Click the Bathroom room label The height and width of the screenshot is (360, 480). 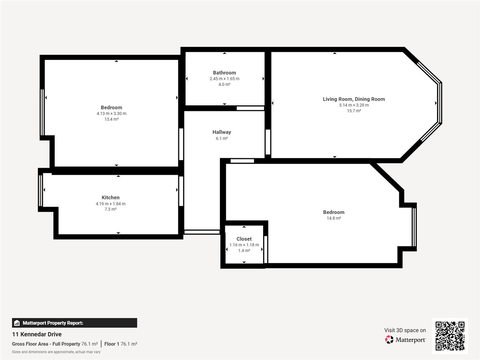pyautogui.click(x=224, y=72)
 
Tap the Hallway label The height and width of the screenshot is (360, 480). pyautogui.click(x=222, y=132)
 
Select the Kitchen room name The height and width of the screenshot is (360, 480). pyautogui.click(x=110, y=197)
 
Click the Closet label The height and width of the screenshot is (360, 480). pyautogui.click(x=244, y=239)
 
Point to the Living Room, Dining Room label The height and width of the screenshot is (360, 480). pyautogui.click(x=354, y=99)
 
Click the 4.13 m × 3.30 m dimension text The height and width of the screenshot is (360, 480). pyautogui.click(x=112, y=114)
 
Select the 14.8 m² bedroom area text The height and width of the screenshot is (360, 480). pyautogui.click(x=334, y=218)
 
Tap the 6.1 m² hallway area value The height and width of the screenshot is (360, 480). pyautogui.click(x=222, y=138)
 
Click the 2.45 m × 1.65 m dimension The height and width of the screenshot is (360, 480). pyautogui.click(x=224, y=79)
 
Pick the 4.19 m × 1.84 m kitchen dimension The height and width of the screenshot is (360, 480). pyautogui.click(x=110, y=204)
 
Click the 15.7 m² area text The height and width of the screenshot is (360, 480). pyautogui.click(x=354, y=111)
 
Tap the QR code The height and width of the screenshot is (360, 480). pyautogui.click(x=450, y=336)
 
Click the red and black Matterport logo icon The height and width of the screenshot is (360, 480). pyautogui.click(x=389, y=340)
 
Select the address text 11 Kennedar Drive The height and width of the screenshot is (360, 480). pyautogui.click(x=37, y=334)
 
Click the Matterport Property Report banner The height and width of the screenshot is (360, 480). pyautogui.click(x=74, y=323)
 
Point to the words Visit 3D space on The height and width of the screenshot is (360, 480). pyautogui.click(x=405, y=330)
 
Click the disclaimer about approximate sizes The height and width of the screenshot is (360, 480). pyautogui.click(x=56, y=352)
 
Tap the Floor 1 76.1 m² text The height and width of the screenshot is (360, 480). pyautogui.click(x=121, y=344)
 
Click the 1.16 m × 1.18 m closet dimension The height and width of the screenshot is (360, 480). pyautogui.click(x=244, y=245)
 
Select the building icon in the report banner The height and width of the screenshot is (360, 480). pyautogui.click(x=17, y=323)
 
